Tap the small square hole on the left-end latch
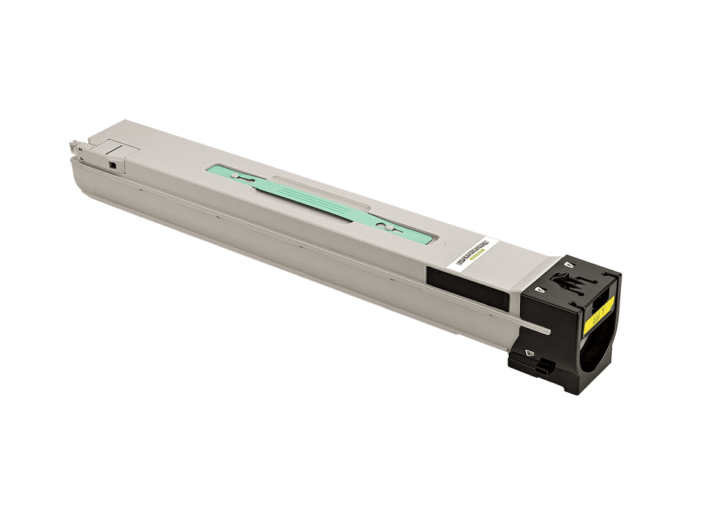point(113,164)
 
